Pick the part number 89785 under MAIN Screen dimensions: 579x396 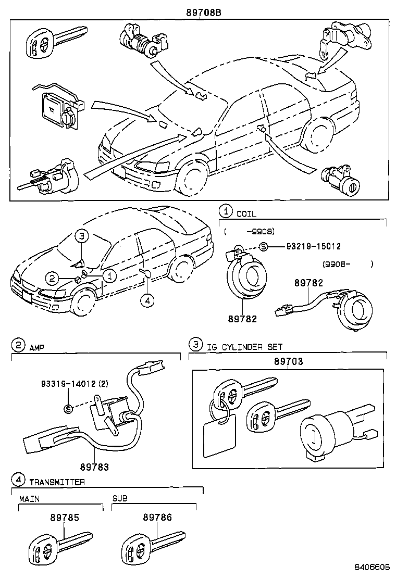tap(65, 518)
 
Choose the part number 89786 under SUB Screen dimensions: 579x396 tap(157, 518)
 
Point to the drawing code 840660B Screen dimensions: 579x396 tap(372, 567)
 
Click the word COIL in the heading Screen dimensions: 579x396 tap(246, 213)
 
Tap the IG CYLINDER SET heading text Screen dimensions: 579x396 tap(244, 346)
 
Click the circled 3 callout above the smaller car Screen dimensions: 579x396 tap(82, 236)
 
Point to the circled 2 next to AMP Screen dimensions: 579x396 tap(18, 345)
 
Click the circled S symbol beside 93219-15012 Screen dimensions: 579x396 tap(263, 247)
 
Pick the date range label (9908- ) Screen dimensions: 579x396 tap(348, 264)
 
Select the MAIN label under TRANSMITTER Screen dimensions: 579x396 tap(29, 499)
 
